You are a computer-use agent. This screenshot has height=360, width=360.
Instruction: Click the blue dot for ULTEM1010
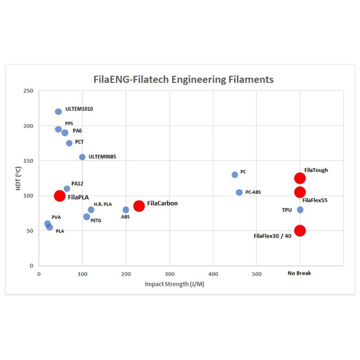click(58, 112)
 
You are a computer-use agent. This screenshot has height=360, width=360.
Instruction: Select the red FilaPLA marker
click(60, 196)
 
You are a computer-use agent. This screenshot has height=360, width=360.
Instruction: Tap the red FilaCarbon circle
click(139, 206)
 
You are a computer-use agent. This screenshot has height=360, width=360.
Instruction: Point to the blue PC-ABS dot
click(239, 192)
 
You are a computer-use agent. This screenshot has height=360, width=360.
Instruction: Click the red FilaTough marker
click(300, 178)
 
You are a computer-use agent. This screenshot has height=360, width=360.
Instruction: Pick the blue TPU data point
click(300, 210)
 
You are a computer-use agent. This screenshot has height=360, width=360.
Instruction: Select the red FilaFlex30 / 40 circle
click(300, 230)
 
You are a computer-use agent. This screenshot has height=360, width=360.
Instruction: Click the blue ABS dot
click(126, 210)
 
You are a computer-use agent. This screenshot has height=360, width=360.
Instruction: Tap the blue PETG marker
click(86, 216)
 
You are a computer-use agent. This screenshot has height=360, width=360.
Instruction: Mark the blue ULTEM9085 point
click(82, 157)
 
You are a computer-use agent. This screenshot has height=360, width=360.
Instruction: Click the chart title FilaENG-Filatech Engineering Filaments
click(183, 80)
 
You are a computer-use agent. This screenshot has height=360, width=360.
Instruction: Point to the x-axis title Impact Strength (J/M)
click(175, 284)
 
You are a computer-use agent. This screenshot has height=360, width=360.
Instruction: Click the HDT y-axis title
click(18, 179)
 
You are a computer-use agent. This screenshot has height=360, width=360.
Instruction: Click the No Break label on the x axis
click(300, 273)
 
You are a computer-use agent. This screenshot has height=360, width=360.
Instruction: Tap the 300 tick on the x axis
click(170, 273)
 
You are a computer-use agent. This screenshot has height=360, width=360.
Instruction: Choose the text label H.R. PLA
click(103, 204)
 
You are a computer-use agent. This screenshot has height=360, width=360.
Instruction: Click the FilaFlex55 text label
click(315, 200)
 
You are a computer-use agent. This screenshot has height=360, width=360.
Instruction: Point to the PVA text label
click(56, 217)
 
